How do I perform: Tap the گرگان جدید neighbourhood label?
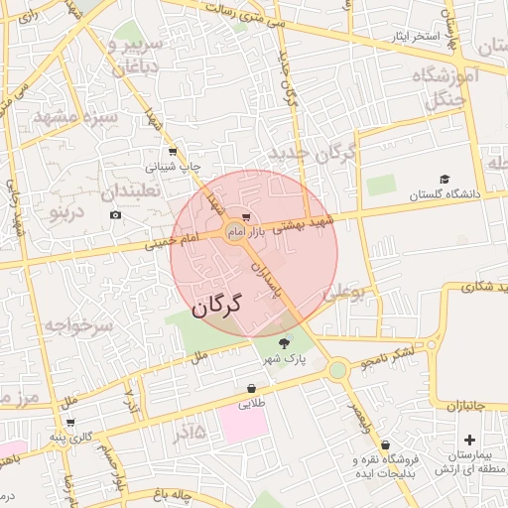[312, 154]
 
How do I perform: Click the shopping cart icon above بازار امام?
[245, 216]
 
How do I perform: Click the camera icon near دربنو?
[116, 215]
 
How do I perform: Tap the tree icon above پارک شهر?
[285, 342]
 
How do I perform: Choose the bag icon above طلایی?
[251, 388]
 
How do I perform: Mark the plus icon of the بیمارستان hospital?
[469, 439]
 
